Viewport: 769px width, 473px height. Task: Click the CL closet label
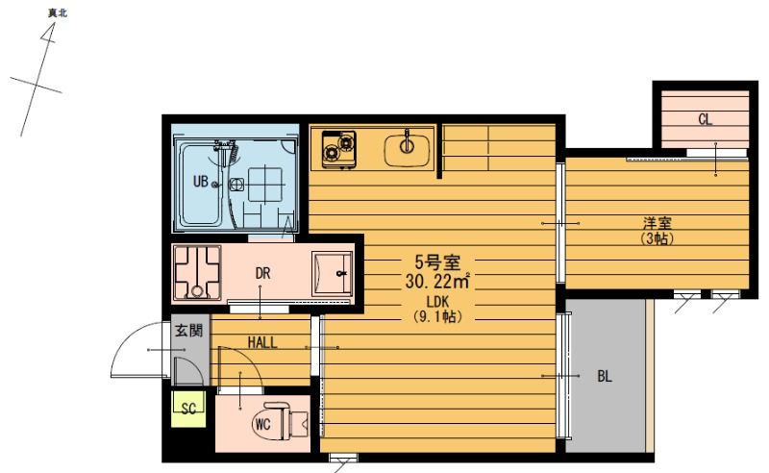705,119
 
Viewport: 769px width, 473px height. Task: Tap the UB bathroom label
201,182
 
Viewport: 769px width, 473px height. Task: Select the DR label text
262,273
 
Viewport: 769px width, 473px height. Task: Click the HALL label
262,342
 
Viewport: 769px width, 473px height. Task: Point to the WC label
262,424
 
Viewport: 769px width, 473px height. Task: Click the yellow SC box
188,409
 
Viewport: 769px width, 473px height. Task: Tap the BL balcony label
605,377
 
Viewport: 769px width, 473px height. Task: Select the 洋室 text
657,224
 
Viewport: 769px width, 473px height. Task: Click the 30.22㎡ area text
437,281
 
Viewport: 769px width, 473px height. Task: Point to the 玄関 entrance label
188,330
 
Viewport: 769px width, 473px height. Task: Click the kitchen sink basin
407,149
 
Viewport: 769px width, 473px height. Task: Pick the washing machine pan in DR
197,273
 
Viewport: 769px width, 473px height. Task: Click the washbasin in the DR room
333,273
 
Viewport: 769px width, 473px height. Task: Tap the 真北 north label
58,13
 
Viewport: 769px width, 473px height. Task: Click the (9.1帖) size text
438,316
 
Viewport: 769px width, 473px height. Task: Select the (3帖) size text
657,239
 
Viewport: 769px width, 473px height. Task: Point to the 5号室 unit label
437,262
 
